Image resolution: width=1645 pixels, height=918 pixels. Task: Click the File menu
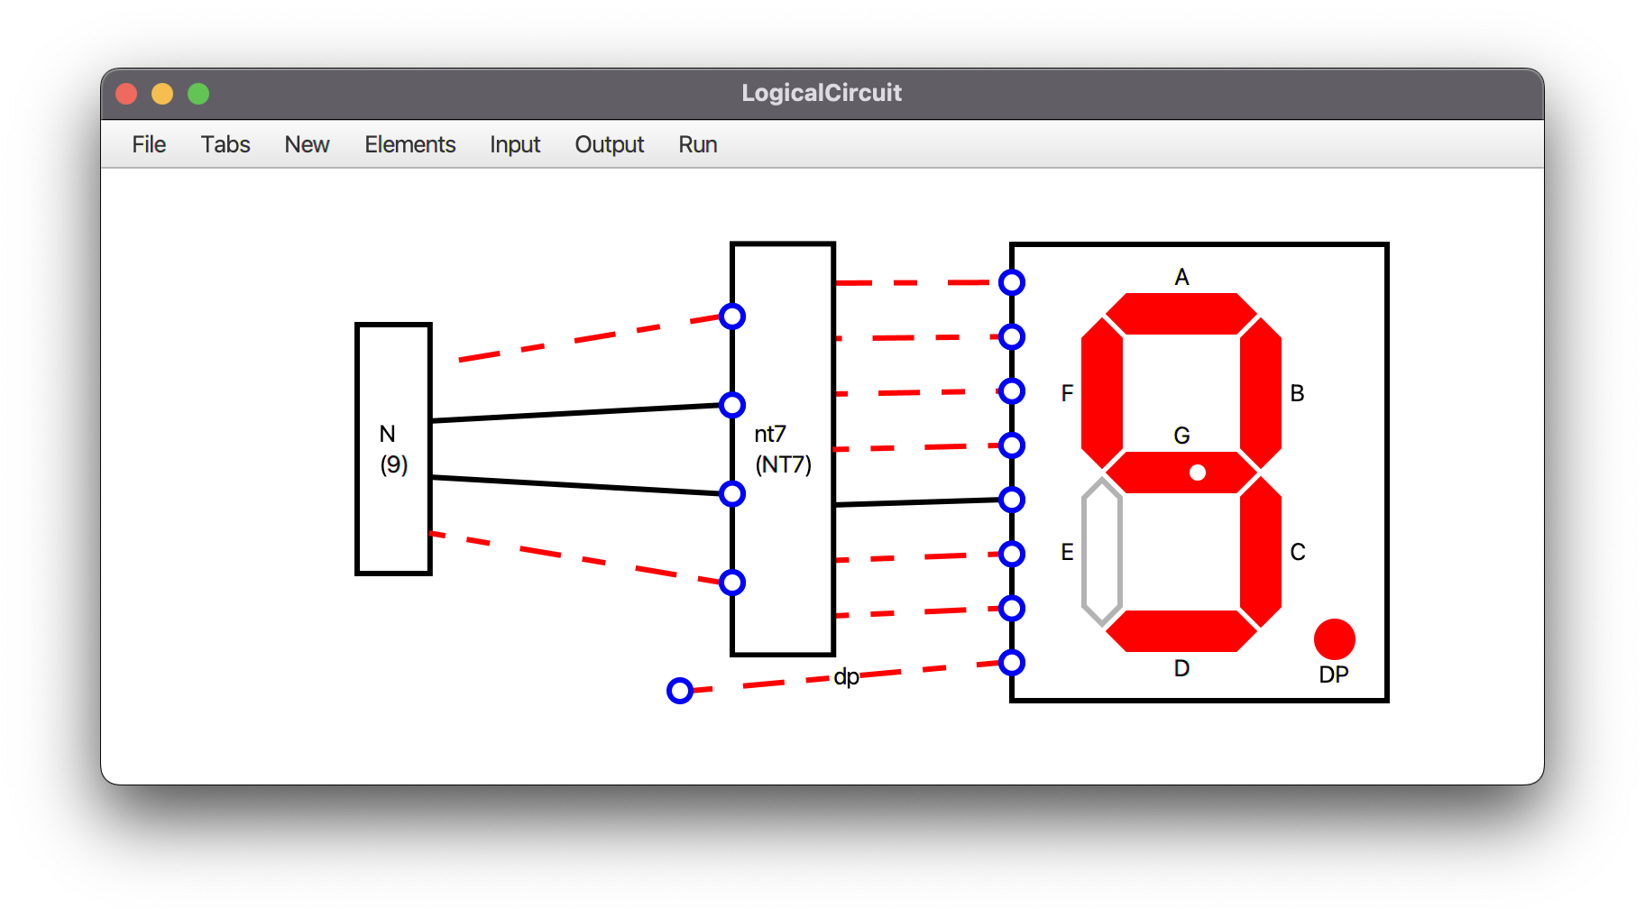point(149,144)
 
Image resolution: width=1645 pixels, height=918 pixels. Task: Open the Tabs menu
point(225,144)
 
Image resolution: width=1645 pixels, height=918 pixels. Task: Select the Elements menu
point(409,144)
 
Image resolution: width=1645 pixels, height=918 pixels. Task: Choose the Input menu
point(515,144)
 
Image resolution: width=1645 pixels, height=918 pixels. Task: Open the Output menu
point(610,144)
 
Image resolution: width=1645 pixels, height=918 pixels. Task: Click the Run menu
point(698,144)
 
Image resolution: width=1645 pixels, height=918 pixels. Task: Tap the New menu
point(307,144)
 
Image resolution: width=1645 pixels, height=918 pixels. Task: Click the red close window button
point(126,94)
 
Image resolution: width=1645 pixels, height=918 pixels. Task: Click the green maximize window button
point(198,94)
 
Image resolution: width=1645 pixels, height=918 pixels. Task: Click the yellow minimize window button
point(162,94)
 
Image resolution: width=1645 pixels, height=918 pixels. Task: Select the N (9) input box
point(393,449)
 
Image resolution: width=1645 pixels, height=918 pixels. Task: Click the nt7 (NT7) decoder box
point(783,449)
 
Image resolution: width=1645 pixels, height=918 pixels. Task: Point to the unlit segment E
point(1102,552)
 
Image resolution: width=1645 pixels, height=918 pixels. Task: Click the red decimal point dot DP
point(1335,639)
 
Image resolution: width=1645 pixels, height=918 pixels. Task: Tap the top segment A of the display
point(1181,313)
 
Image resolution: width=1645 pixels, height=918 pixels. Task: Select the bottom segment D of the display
point(1181,630)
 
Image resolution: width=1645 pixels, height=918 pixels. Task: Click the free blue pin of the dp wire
point(680,691)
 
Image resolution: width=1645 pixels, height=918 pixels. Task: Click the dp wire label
point(846,676)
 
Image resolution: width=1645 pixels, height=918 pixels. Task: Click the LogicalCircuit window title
point(822,93)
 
